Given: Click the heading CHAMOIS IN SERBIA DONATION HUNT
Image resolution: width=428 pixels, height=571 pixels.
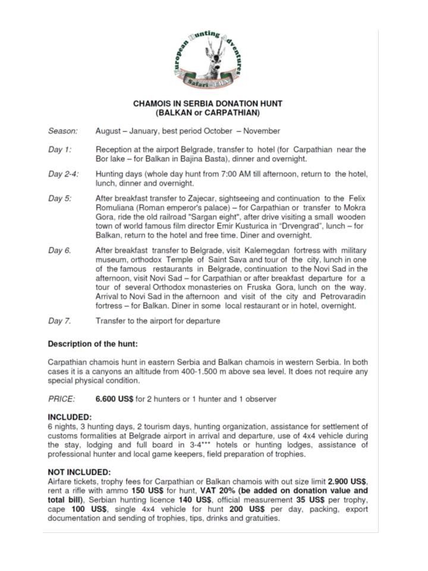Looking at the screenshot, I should tap(207, 103).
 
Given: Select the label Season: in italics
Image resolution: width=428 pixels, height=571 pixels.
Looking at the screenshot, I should tap(62, 131).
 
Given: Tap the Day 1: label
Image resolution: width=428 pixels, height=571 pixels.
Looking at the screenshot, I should tap(59, 150).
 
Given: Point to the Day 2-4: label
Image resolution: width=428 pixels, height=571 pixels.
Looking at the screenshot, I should tap(64, 174).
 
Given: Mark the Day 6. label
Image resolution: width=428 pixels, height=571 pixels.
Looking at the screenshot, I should tap(59, 250).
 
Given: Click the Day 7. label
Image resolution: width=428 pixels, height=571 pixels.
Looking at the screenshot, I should tap(59, 321).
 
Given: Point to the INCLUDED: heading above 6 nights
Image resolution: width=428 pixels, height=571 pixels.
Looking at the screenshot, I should tap(70, 417).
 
